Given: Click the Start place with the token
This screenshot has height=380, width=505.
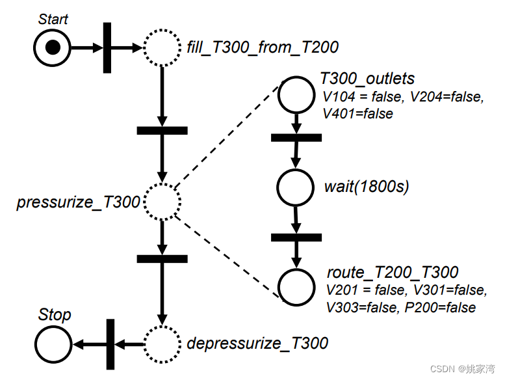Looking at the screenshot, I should pyautogui.click(x=53, y=47).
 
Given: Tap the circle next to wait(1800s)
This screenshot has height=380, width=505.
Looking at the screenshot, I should pyautogui.click(x=296, y=187).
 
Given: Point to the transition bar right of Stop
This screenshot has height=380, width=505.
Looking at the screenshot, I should pyautogui.click(x=109, y=344).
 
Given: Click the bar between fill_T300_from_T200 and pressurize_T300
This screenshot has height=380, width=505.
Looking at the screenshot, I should pyautogui.click(x=162, y=130).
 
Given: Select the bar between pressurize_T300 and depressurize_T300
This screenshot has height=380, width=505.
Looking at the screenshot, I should pyautogui.click(x=162, y=258).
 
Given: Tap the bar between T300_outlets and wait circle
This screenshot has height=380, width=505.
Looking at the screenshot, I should pyautogui.click(x=296, y=137).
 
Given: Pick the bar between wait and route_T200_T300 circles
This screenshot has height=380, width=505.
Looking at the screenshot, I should pyautogui.click(x=296, y=237).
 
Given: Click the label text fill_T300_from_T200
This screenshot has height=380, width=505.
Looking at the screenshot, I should pyautogui.click(x=263, y=47).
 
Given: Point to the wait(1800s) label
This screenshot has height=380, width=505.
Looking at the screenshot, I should pyautogui.click(x=366, y=187).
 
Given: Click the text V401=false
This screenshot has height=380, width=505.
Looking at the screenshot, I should pyautogui.click(x=358, y=113).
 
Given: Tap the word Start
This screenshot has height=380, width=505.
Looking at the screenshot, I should pyautogui.click(x=53, y=19).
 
